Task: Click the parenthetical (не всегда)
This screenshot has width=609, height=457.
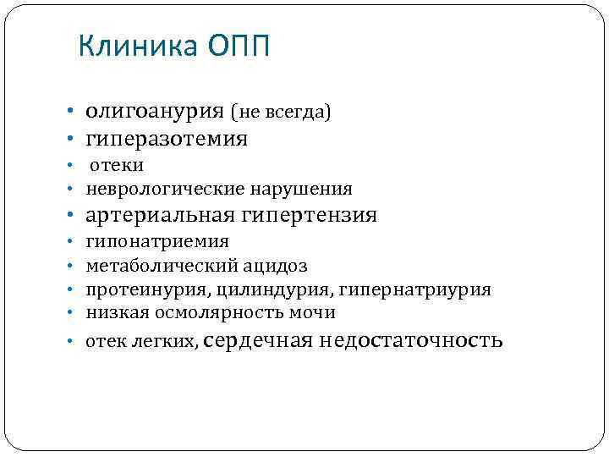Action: click(x=282, y=112)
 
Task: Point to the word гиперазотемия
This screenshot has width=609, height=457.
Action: click(x=166, y=138)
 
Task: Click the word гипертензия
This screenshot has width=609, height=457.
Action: click(x=309, y=215)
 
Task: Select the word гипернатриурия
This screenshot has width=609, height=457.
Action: click(x=415, y=290)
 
